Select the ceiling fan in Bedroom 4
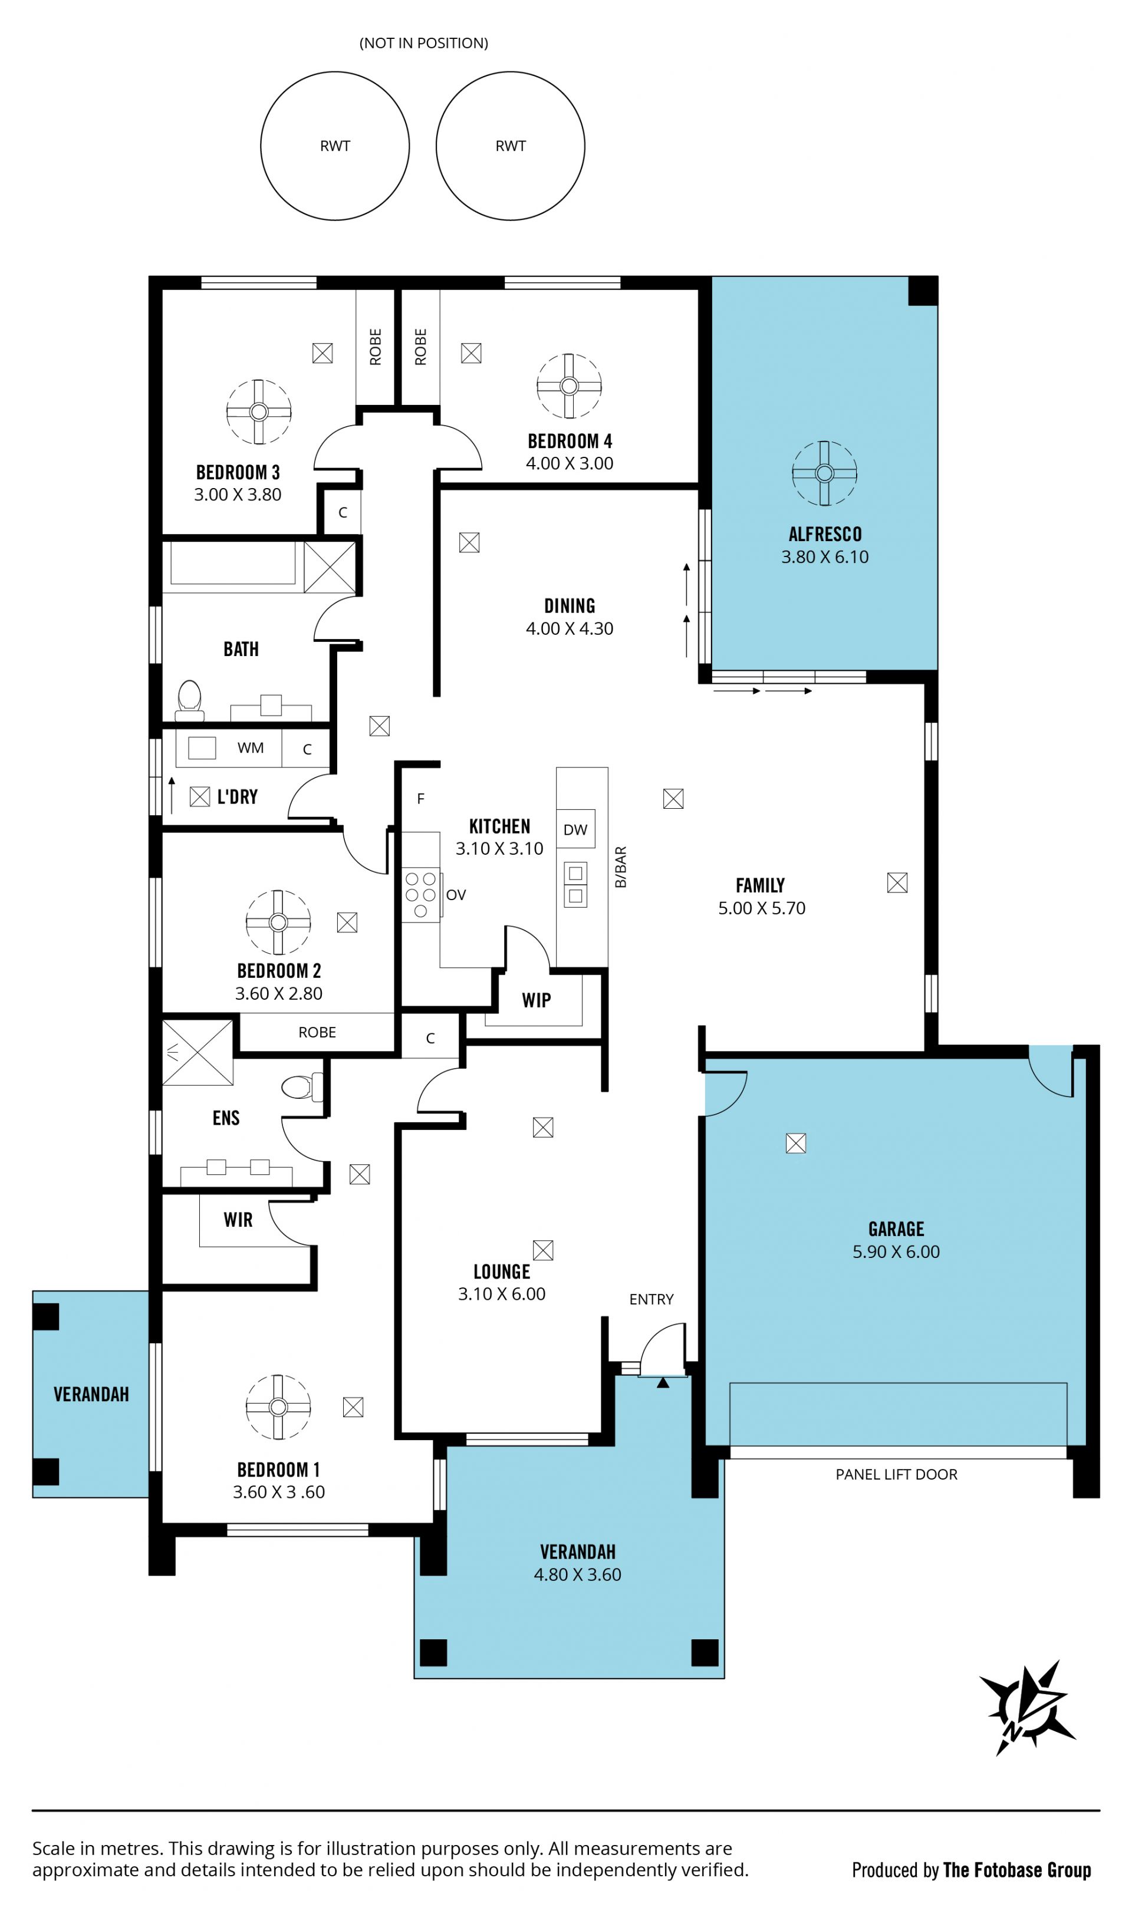pyautogui.click(x=569, y=386)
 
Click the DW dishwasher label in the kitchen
pyautogui.click(x=575, y=829)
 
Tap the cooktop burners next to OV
pyautogui.click(x=421, y=894)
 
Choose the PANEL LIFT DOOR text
pyautogui.click(x=896, y=1475)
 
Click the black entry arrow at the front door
pyautogui.click(x=663, y=1382)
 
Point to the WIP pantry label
pyautogui.click(x=537, y=1000)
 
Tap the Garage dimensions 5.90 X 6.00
pyautogui.click(x=896, y=1251)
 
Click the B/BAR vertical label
pyautogui.click(x=621, y=867)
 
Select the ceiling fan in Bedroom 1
pyautogui.click(x=278, y=1407)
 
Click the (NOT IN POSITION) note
pyautogui.click(x=424, y=42)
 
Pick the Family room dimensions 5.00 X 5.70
pyautogui.click(x=761, y=907)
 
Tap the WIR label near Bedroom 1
pyautogui.click(x=238, y=1220)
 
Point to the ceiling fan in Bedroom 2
pyautogui.click(x=278, y=922)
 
